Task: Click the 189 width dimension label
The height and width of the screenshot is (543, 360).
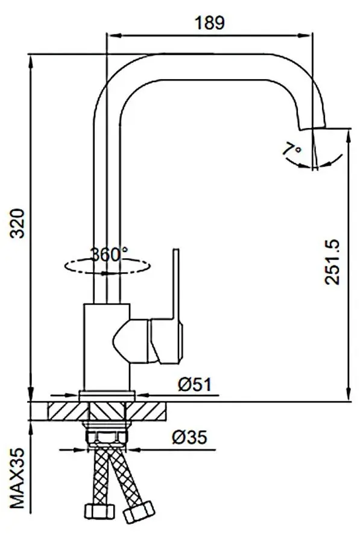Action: point(209,23)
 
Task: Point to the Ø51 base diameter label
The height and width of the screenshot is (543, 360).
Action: point(195,384)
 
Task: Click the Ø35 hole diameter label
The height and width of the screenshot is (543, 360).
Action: point(195,437)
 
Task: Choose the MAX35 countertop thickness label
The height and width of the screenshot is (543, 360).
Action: point(17,477)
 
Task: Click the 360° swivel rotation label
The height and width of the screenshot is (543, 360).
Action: point(109,254)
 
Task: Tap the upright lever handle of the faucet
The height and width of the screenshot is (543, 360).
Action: point(177,284)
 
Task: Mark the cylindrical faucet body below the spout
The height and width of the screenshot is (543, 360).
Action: point(106,347)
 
